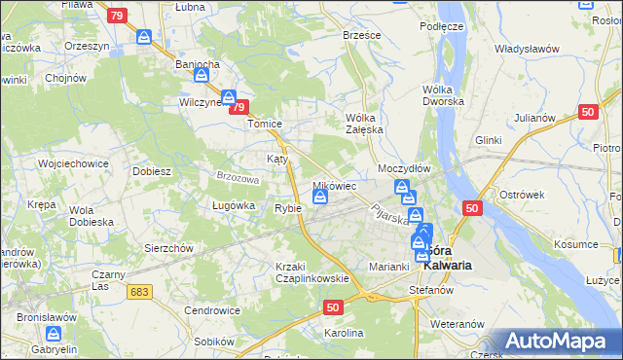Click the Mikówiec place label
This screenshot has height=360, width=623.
click(334, 185)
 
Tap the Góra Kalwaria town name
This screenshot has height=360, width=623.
click(449, 257)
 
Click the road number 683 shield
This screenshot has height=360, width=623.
click(140, 291)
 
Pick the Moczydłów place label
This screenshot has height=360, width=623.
click(404, 168)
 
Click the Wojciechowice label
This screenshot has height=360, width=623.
click(71, 163)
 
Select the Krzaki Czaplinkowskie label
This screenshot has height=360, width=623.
click(311, 272)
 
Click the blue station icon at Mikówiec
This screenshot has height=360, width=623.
click(320, 198)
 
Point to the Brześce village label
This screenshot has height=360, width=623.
click(361, 33)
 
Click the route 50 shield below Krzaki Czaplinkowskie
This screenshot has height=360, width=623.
click(332, 306)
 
